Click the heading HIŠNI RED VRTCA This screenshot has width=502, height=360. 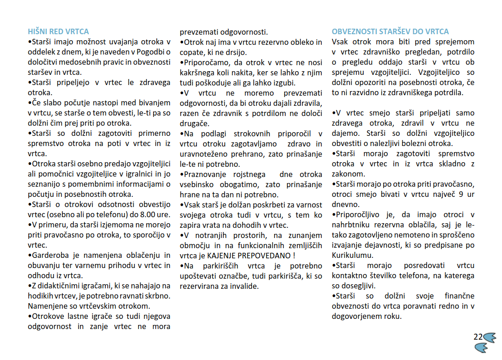pyautogui.click(x=58, y=32)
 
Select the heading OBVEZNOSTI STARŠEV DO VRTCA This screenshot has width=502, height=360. pyautogui.click(x=390, y=32)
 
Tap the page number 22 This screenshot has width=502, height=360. pyautogui.click(x=478, y=337)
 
